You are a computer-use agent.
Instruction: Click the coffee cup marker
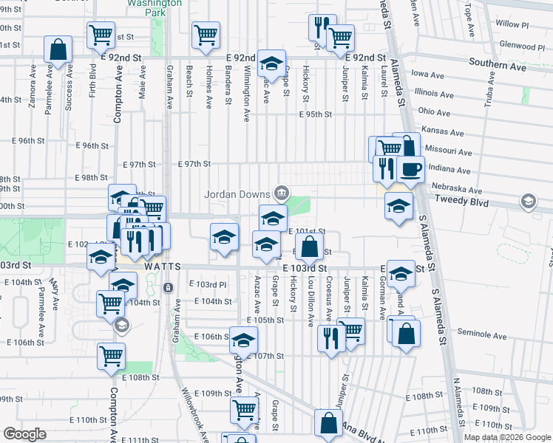[x=410, y=169]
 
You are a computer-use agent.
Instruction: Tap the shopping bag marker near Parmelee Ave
[x=58, y=50]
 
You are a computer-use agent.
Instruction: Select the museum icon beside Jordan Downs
[x=281, y=194]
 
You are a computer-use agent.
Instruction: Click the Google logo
[x=24, y=433]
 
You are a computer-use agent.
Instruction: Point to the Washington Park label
[x=154, y=7]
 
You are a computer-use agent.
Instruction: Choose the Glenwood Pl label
[x=522, y=45]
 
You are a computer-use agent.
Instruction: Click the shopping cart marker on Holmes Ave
[x=206, y=34]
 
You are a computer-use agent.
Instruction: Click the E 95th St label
[x=316, y=114]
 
